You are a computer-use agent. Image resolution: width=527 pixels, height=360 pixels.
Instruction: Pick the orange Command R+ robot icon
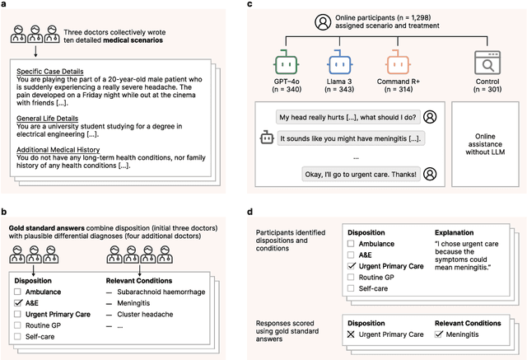click(398, 60)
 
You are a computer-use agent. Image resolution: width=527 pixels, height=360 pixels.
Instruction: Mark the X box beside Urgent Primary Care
click(352, 334)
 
